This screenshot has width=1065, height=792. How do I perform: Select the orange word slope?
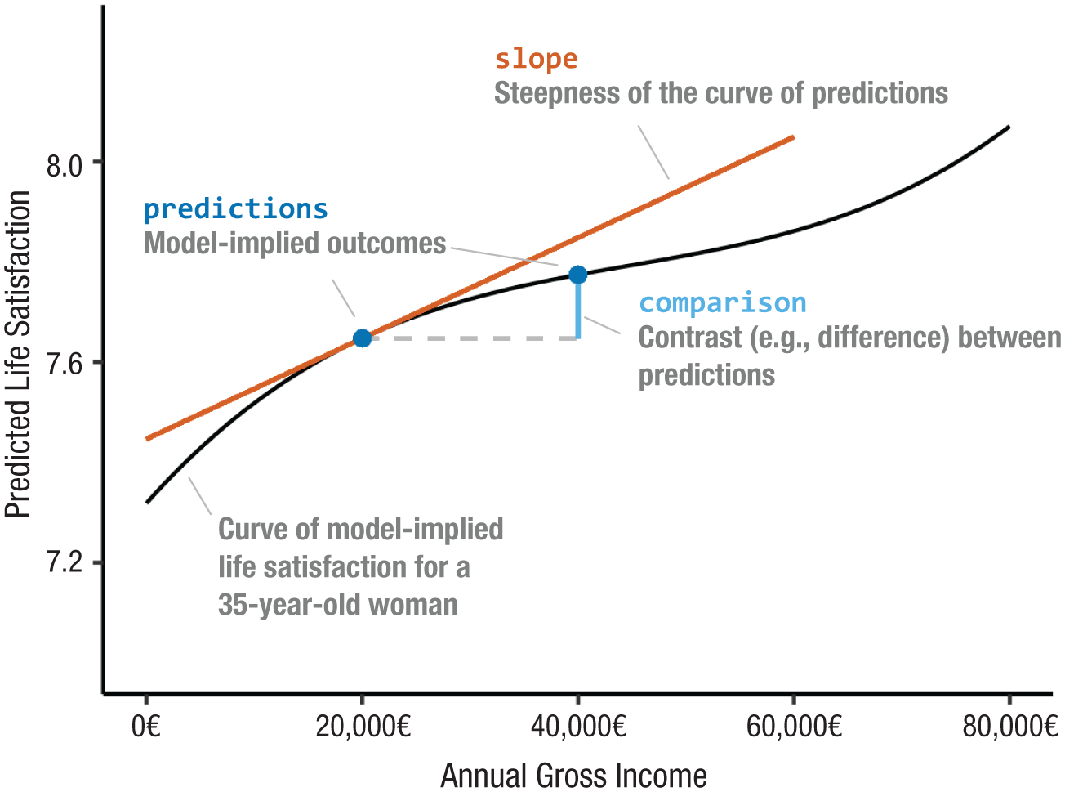click(536, 60)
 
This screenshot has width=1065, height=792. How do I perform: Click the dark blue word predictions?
click(235, 209)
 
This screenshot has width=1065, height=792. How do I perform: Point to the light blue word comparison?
click(722, 303)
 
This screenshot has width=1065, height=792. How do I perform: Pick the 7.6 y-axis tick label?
click(65, 364)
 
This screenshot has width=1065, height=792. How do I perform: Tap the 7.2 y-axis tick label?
click(65, 563)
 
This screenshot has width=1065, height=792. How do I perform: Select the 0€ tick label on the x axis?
click(146, 726)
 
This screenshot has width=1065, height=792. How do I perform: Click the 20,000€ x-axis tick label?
click(363, 726)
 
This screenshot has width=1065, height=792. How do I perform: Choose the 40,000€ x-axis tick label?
click(578, 726)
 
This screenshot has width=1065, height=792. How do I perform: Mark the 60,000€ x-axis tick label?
click(794, 726)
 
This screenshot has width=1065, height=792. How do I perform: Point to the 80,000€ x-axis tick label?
click(1009, 726)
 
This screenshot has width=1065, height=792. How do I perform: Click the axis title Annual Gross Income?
click(573, 775)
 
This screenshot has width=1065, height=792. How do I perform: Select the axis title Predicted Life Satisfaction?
click(18, 355)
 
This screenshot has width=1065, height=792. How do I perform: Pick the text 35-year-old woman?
click(337, 605)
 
